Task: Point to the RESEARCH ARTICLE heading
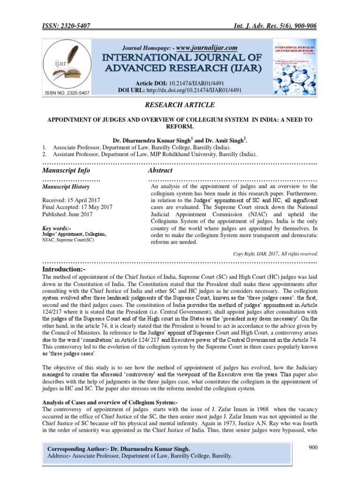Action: pos(180,105)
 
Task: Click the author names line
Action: pos(180,140)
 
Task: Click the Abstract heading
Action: pos(160,170)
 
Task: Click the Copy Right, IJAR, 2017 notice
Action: pos(276,254)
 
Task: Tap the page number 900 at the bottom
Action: pos(313,448)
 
